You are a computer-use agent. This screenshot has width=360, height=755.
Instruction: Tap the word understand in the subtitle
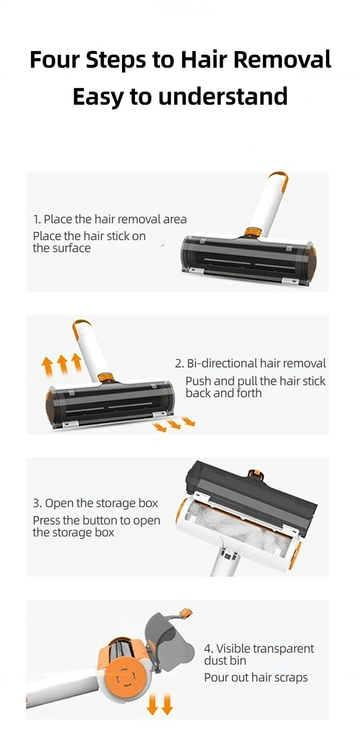point(223,97)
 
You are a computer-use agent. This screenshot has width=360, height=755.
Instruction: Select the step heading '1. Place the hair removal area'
point(109,219)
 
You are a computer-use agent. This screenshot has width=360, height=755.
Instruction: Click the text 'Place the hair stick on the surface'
point(89,242)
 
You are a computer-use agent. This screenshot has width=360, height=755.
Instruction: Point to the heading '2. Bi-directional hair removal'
point(250,364)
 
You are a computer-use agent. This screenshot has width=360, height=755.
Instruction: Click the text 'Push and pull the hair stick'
point(255,381)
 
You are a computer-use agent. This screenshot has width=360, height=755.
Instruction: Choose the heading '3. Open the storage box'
point(95,503)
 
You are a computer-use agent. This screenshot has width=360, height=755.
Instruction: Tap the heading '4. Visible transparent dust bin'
point(259,654)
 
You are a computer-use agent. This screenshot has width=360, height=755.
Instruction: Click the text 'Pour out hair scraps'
point(256,678)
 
